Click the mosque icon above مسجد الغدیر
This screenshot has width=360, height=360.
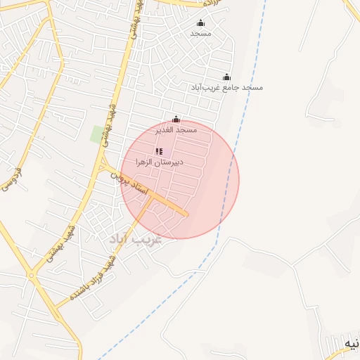[176, 120]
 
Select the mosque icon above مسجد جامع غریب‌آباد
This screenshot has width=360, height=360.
[226, 77]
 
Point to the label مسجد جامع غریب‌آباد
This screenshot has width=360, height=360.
[226, 88]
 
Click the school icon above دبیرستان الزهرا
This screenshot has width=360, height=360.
[159, 151]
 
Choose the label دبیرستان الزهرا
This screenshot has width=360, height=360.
[160, 162]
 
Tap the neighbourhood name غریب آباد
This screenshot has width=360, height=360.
[135, 238]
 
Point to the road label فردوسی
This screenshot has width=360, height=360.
[11, 178]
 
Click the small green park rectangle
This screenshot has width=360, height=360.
[97, 134]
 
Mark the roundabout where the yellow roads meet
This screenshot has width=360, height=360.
[32, 275]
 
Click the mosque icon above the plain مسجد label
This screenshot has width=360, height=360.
[200, 22]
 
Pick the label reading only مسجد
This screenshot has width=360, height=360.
[200, 33]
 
